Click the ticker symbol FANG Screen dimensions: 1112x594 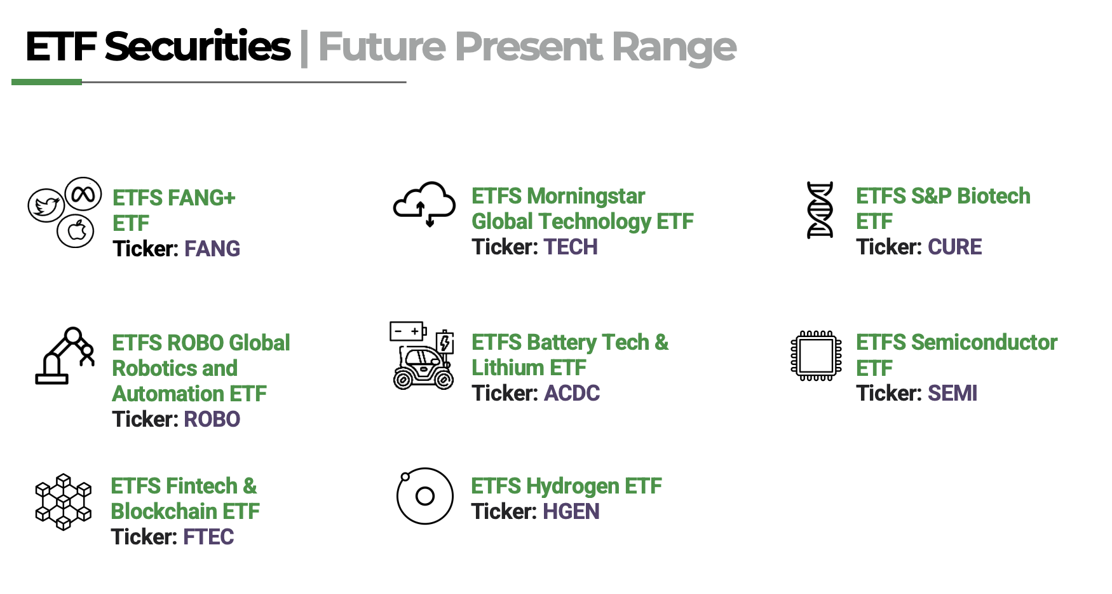212,249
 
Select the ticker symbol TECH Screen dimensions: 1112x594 571,247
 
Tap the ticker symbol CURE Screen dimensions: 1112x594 954,247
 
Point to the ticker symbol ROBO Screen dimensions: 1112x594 212,419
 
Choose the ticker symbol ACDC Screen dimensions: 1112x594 572,393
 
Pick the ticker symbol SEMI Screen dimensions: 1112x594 952,393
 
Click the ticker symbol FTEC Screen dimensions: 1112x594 208,537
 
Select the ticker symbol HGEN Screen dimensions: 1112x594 571,511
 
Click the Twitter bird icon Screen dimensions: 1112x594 46,206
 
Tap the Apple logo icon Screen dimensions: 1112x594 76,230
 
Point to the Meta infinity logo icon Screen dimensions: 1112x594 83,195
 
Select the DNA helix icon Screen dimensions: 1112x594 820,210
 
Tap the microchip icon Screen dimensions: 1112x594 817,356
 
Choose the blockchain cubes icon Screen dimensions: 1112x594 64,502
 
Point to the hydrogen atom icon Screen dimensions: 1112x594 424,496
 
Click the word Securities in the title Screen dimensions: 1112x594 198,46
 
